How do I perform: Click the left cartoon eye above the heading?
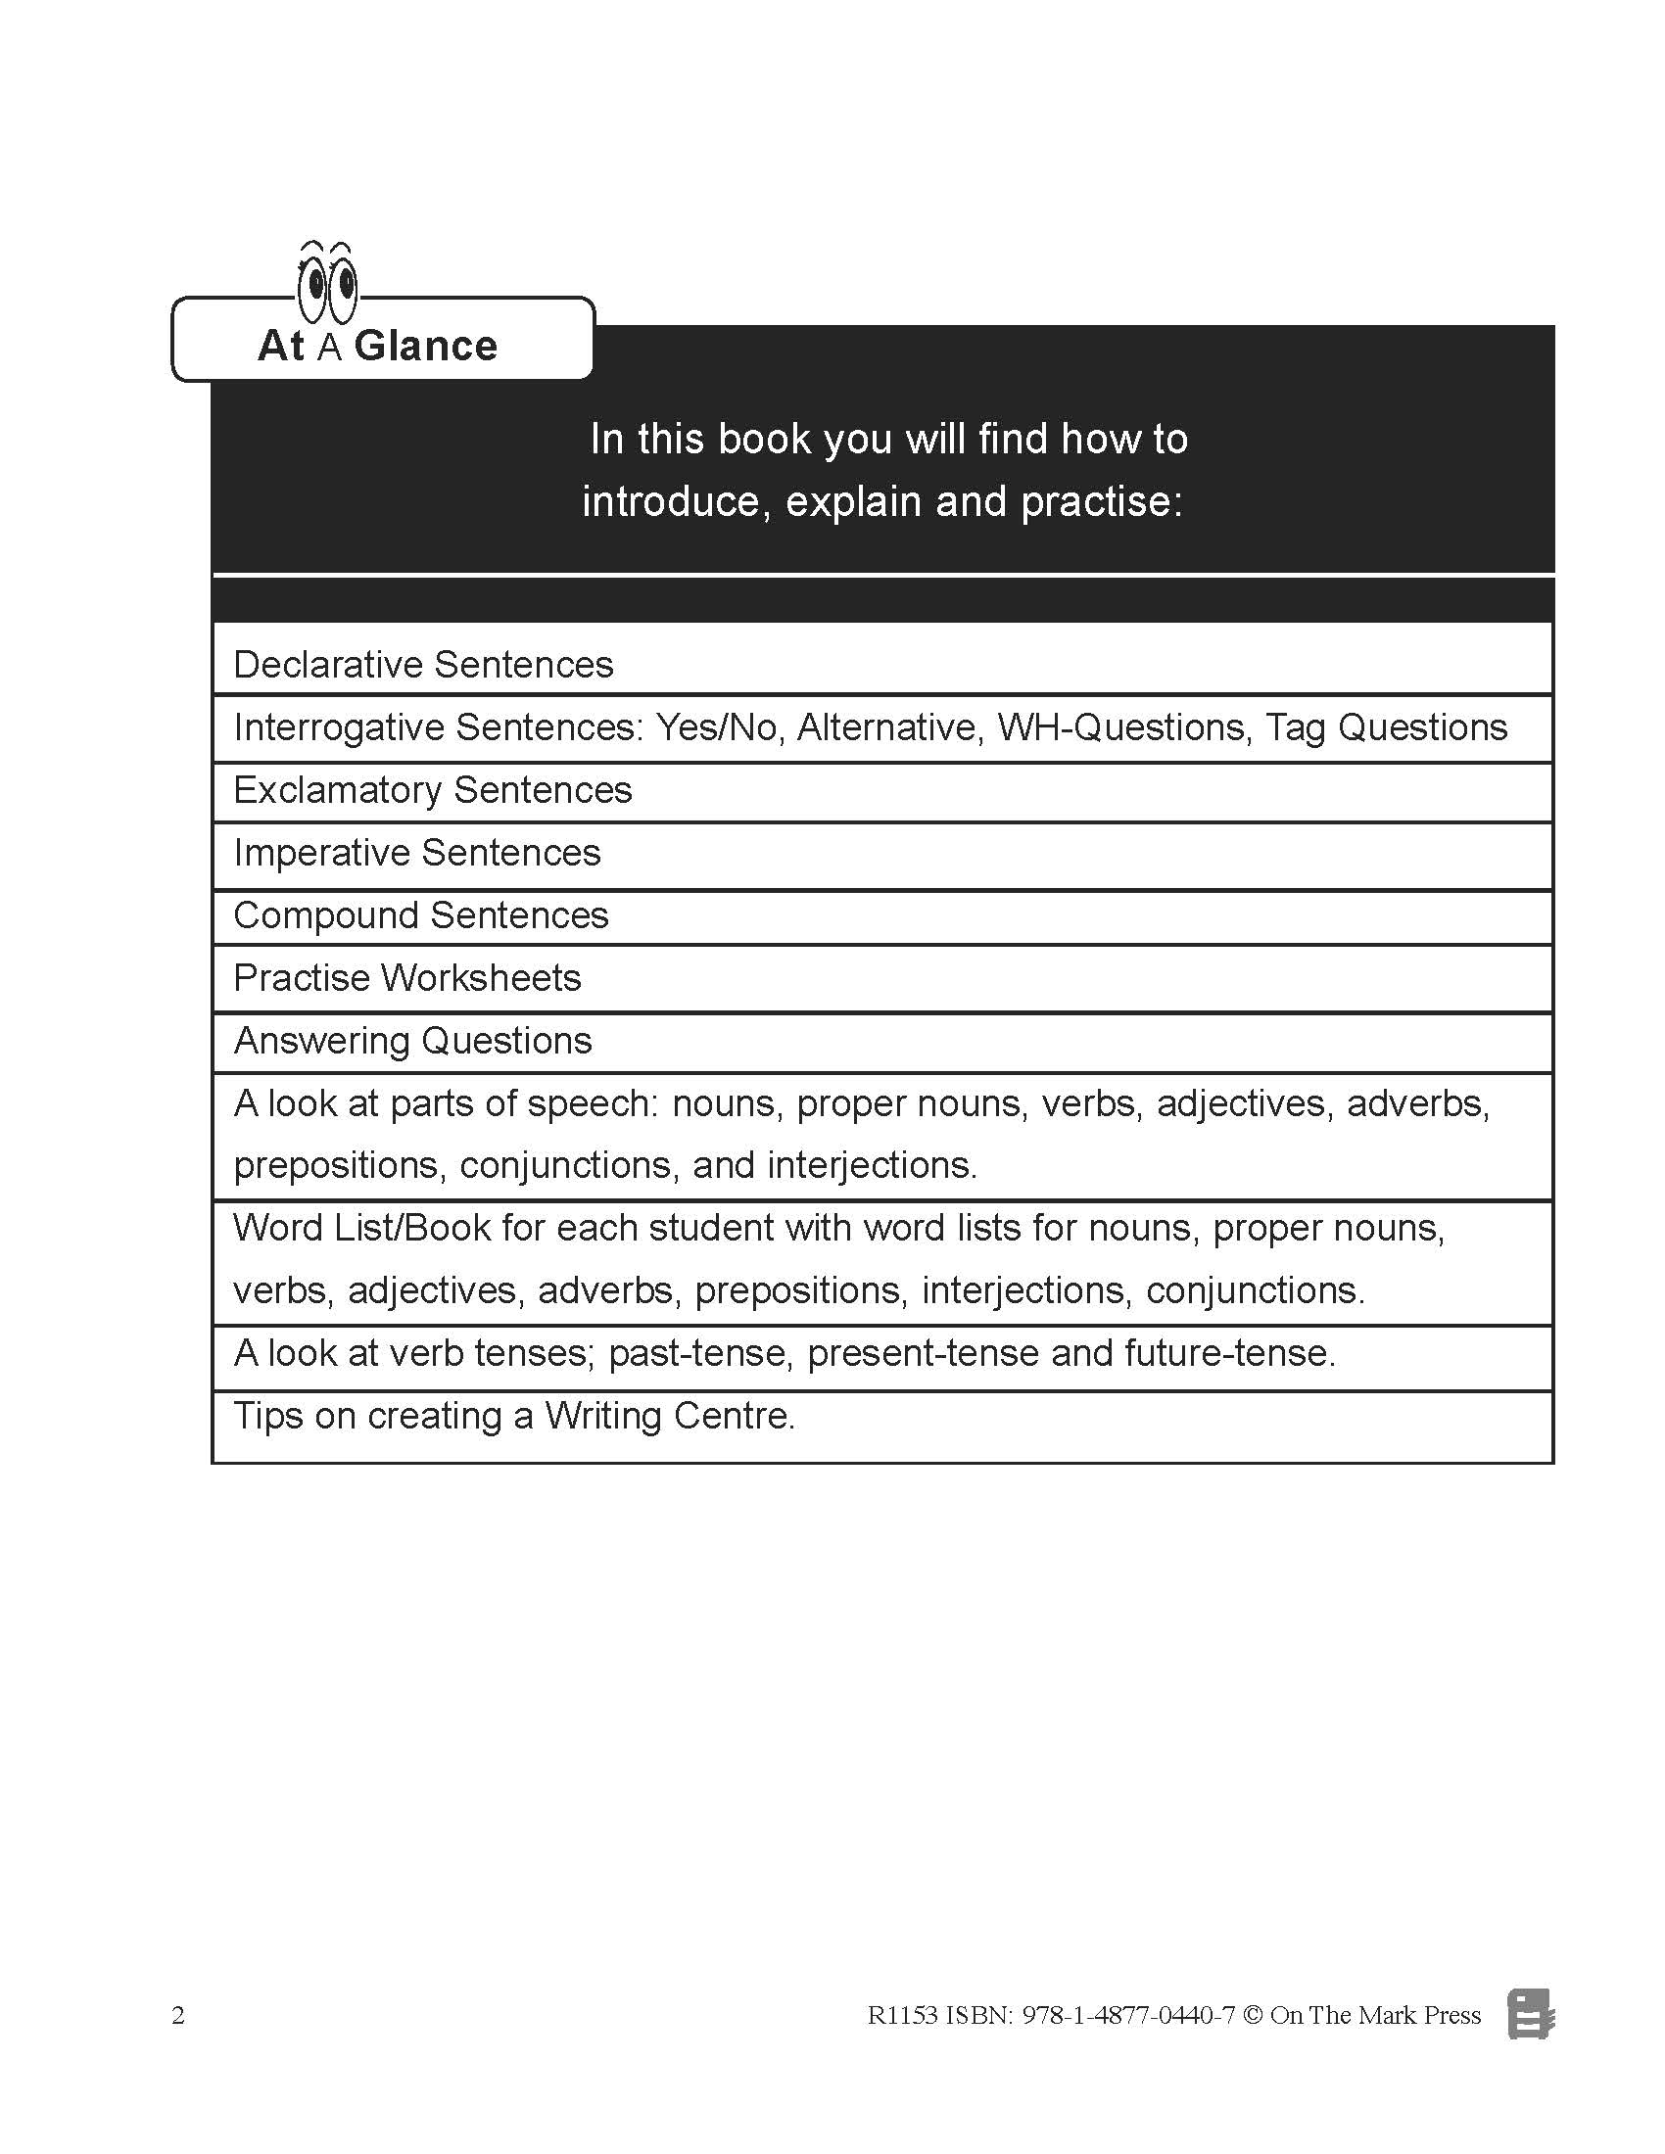coord(313,288)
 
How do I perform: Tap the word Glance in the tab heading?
coord(425,347)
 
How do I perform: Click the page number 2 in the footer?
coord(178,2015)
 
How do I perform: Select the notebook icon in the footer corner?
coord(1530,2014)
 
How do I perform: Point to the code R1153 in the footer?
coord(901,2015)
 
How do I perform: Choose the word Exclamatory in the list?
coord(337,790)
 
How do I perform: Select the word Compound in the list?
coord(326,915)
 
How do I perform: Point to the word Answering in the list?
coord(321,1041)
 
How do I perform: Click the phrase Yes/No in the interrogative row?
coord(717,727)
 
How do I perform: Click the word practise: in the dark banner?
coord(1101,502)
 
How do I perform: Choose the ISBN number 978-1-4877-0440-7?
coord(1127,2015)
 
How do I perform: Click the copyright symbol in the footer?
coord(1253,2015)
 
